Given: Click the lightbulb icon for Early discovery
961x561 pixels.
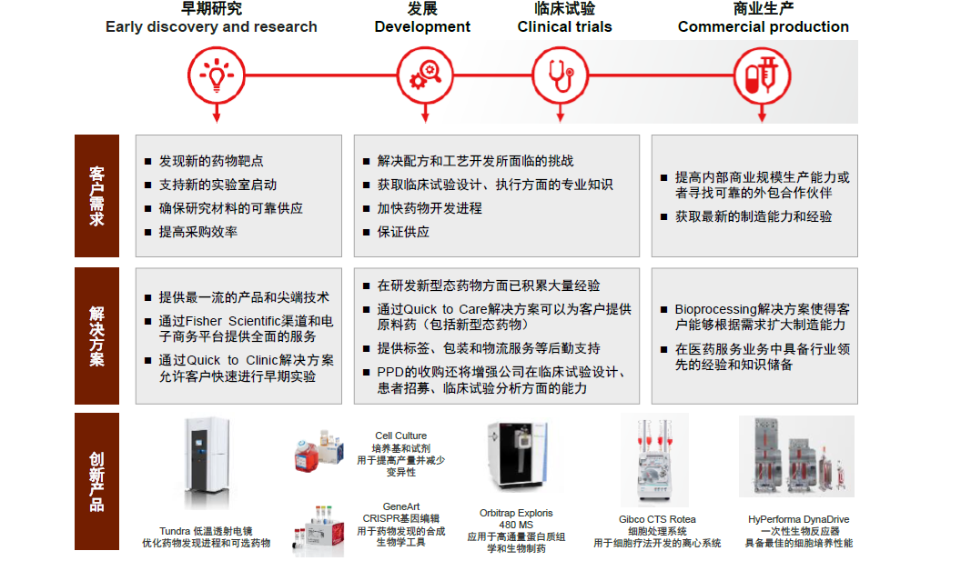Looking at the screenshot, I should [x=216, y=75].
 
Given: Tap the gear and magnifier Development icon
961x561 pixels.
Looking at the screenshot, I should [x=424, y=75].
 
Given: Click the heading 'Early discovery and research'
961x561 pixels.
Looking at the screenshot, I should [x=211, y=27].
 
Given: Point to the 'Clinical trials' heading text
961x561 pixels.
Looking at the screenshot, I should [x=565, y=27].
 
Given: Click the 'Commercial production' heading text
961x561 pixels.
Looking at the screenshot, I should [x=763, y=27].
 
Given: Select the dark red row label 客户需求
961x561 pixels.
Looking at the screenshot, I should [x=96, y=195].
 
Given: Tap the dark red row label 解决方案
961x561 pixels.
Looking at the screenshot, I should [x=96, y=336].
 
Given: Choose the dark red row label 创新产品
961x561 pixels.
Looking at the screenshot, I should [x=96, y=481].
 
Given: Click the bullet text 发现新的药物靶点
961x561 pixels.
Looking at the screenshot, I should [x=211, y=161].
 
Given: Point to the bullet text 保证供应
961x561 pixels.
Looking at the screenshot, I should [x=403, y=232].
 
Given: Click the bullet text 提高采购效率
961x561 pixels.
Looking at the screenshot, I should [x=198, y=232].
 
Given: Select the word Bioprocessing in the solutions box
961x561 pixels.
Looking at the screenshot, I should [x=715, y=310].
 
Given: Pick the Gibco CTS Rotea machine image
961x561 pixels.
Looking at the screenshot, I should [x=656, y=463].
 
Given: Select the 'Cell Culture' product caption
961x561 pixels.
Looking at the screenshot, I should [x=400, y=436].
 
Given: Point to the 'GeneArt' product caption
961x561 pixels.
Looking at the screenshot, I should [x=400, y=506].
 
